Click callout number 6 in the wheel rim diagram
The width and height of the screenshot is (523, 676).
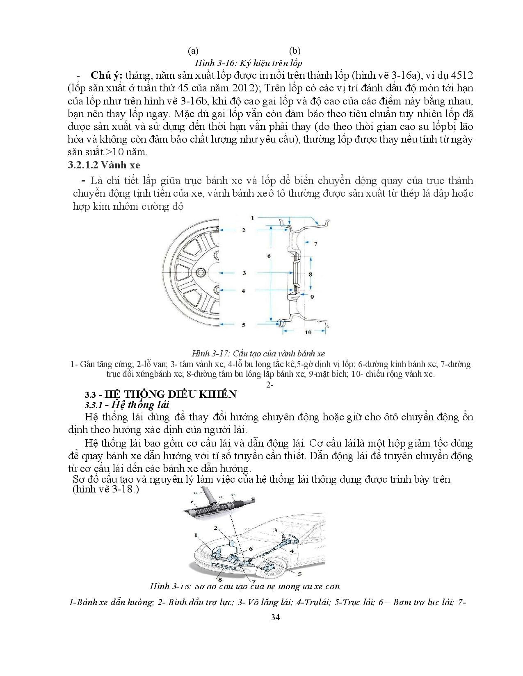pyautogui.click(x=269, y=256)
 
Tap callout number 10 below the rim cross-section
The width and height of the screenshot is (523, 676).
pyautogui.click(x=308, y=332)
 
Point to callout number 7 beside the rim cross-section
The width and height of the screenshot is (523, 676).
pyautogui.click(x=315, y=244)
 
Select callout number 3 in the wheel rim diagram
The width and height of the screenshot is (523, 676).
pyautogui.click(x=244, y=272)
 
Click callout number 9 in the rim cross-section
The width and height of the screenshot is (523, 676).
pyautogui.click(x=311, y=296)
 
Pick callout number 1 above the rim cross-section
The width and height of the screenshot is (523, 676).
pyautogui.click(x=253, y=218)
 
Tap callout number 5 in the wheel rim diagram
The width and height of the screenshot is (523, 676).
pyautogui.click(x=244, y=324)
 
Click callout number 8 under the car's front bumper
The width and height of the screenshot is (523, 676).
pyautogui.click(x=220, y=579)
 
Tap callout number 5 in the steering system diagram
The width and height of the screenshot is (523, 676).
pyautogui.click(x=299, y=574)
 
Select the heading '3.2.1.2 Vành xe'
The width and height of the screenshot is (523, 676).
pyautogui.click(x=103, y=165)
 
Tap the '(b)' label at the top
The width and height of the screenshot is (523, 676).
pyautogui.click(x=295, y=51)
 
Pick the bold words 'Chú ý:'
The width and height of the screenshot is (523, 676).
pyautogui.click(x=107, y=75)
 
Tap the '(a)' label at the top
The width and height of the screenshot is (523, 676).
pyautogui.click(x=193, y=51)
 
